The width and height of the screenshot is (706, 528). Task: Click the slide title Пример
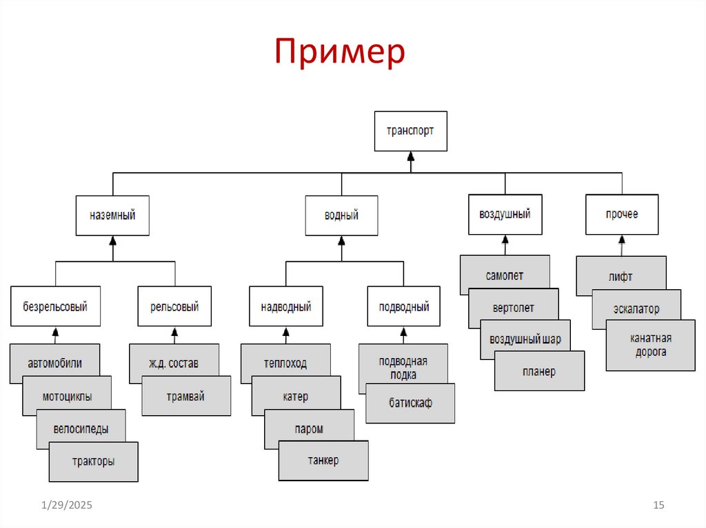(x=340, y=54)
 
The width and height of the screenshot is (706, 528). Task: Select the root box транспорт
(x=410, y=131)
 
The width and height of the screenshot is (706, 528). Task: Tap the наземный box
(x=112, y=215)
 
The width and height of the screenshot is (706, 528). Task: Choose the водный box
(x=341, y=215)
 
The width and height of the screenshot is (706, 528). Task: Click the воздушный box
(x=505, y=214)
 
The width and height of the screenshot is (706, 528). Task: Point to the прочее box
(x=622, y=214)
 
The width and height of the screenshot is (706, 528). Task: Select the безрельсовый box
(x=55, y=306)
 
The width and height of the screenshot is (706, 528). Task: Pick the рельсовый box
(x=174, y=306)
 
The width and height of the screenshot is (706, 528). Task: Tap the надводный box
(x=285, y=306)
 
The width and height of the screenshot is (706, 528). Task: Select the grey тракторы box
(x=93, y=462)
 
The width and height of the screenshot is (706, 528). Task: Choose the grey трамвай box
(x=185, y=396)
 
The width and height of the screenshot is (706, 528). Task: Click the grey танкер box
(x=323, y=461)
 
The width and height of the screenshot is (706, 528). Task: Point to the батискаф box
(x=410, y=403)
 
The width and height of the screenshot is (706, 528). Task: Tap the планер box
(x=539, y=371)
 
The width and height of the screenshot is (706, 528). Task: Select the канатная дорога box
(x=651, y=346)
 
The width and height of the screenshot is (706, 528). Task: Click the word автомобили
(x=54, y=363)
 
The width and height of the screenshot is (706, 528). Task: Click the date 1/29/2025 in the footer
(x=65, y=506)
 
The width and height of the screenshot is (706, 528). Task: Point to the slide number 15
(x=658, y=506)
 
